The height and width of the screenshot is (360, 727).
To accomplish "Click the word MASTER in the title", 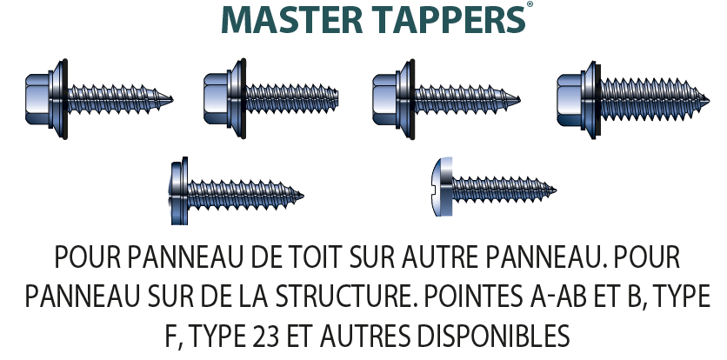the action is click(x=292, y=20).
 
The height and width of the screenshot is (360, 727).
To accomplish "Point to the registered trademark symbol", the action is click(x=529, y=4).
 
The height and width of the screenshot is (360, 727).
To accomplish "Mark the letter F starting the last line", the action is click(x=170, y=336).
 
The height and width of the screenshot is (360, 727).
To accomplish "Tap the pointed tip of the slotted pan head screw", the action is click(x=555, y=190).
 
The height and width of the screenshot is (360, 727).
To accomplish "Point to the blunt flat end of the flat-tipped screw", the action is click(x=337, y=98).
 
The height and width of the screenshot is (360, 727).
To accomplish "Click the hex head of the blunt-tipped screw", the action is click(x=216, y=98).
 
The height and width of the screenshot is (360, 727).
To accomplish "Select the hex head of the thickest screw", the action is click(x=570, y=100).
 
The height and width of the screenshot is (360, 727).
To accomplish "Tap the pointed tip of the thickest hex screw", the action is click(x=708, y=100).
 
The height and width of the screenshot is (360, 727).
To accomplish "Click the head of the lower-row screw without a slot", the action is click(x=179, y=191).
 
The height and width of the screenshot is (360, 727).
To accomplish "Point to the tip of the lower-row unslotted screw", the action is click(x=302, y=196).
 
